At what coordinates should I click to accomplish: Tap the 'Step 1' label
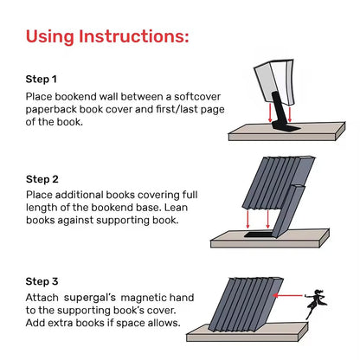point(42,79)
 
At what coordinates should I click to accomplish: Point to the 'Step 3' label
point(42,281)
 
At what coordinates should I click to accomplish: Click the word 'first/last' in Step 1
point(175,109)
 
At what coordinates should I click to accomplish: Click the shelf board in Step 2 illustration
point(286,236)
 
